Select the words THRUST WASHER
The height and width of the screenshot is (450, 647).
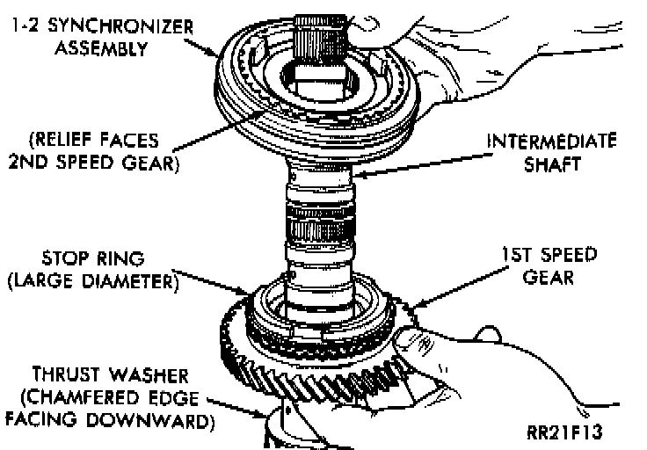tap(102, 373)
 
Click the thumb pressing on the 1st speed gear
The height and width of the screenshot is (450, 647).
tap(407, 338)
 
